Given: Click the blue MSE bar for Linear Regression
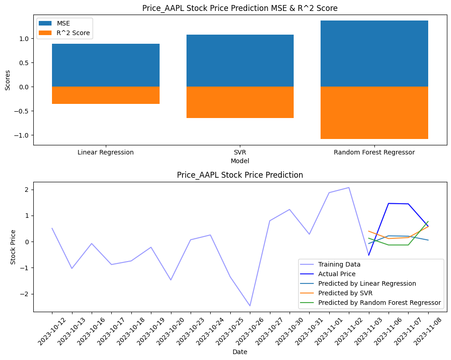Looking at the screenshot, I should (x=105, y=65).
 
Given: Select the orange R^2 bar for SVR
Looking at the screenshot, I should (x=240, y=102).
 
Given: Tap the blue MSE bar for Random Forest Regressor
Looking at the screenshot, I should (x=374, y=53).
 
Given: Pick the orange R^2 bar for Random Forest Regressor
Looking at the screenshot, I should (x=374, y=113).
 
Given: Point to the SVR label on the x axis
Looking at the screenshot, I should (x=240, y=152).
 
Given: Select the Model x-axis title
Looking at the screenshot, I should (x=240, y=161).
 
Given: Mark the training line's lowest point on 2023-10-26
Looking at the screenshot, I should (x=250, y=306).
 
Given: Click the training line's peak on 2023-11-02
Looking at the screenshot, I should (x=349, y=188).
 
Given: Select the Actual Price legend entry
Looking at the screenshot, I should (x=337, y=274).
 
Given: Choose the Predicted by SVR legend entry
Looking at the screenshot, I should (x=345, y=293).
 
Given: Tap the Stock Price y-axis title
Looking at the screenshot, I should (x=13, y=248).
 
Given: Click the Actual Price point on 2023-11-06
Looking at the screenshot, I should (x=389, y=203).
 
